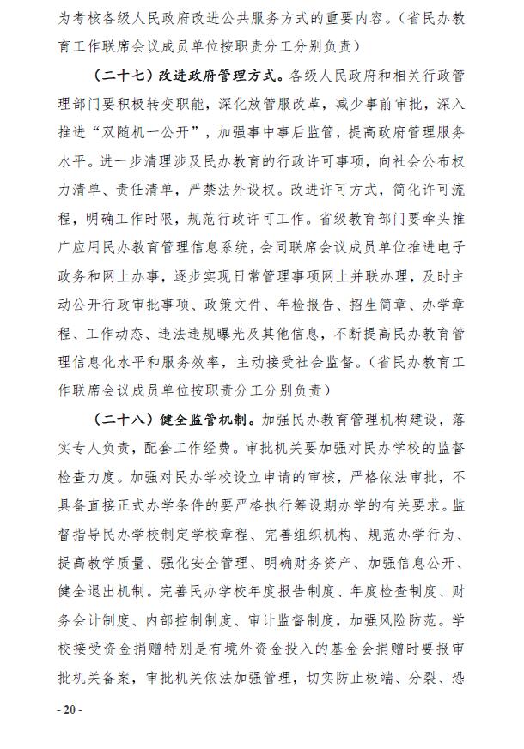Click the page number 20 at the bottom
69,710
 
